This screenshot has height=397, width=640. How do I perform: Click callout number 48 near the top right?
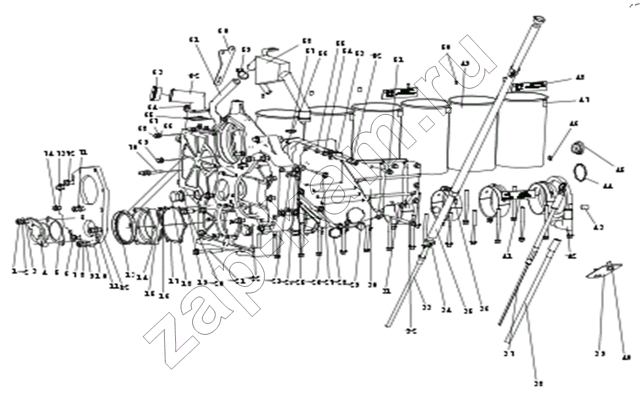tap(580, 77)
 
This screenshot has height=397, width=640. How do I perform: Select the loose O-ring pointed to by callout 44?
tap(580, 172)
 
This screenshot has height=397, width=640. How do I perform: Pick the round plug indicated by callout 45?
tap(579, 148)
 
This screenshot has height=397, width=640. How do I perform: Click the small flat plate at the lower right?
tap(603, 270)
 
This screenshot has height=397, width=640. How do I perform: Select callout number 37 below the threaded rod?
tap(509, 354)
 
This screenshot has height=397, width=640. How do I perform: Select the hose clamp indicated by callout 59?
tap(241, 73)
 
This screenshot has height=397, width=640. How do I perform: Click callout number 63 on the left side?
tap(157, 72)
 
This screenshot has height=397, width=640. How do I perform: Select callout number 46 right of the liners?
tap(573, 123)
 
